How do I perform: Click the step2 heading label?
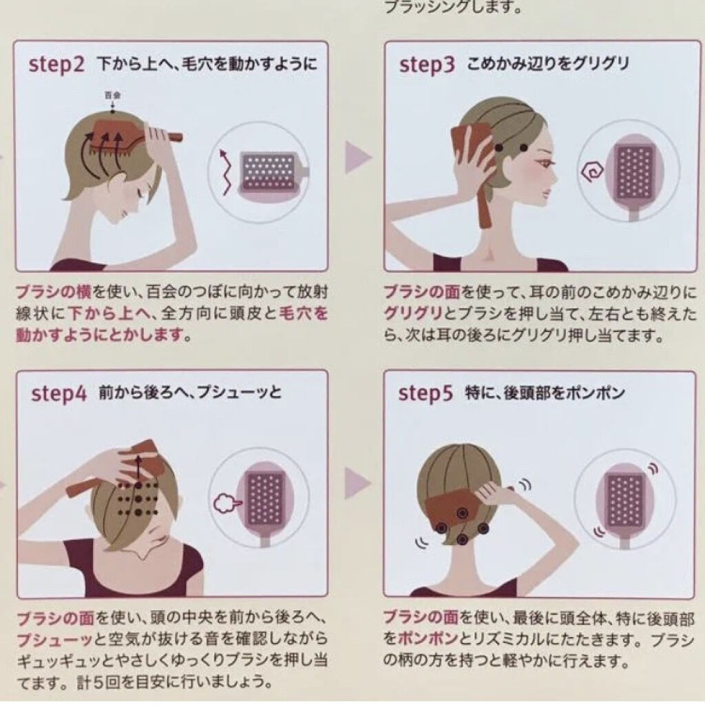pyautogui.click(x=56, y=65)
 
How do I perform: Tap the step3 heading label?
pyautogui.click(x=427, y=65)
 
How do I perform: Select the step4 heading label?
pyautogui.click(x=59, y=394)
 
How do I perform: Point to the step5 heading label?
pyautogui.click(x=425, y=394)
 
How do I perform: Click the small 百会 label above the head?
pyautogui.click(x=112, y=95)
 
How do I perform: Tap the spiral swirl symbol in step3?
pyautogui.click(x=590, y=171)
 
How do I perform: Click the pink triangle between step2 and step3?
pyautogui.click(x=358, y=158)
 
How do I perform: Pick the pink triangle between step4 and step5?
pyautogui.click(x=358, y=483)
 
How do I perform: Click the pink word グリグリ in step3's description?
pyautogui.click(x=414, y=313)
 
